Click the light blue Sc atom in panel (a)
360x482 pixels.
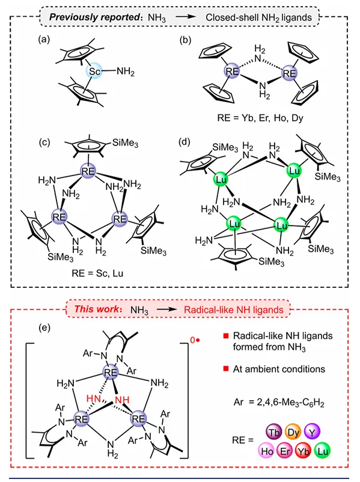(94, 72)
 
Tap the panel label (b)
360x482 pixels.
(185, 40)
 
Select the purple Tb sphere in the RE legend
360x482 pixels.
(273, 432)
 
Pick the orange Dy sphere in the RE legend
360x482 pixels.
(293, 432)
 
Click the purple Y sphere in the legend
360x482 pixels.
(312, 432)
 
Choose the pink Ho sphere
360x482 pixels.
(266, 451)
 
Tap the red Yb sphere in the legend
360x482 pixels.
(303, 451)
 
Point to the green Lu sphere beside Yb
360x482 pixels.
(322, 451)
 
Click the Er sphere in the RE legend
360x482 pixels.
(285, 451)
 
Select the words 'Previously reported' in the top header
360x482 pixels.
(95, 17)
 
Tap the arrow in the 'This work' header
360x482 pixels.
(167, 310)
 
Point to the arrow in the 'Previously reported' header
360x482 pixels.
(186, 17)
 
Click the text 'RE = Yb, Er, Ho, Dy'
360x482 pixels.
(260, 118)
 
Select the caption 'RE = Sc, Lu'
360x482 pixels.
(97, 273)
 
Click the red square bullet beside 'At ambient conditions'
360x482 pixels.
(226, 368)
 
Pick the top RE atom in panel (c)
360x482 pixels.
(88, 171)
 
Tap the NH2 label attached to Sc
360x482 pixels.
(126, 72)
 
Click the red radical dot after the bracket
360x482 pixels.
(198, 340)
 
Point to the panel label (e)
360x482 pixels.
(44, 328)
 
